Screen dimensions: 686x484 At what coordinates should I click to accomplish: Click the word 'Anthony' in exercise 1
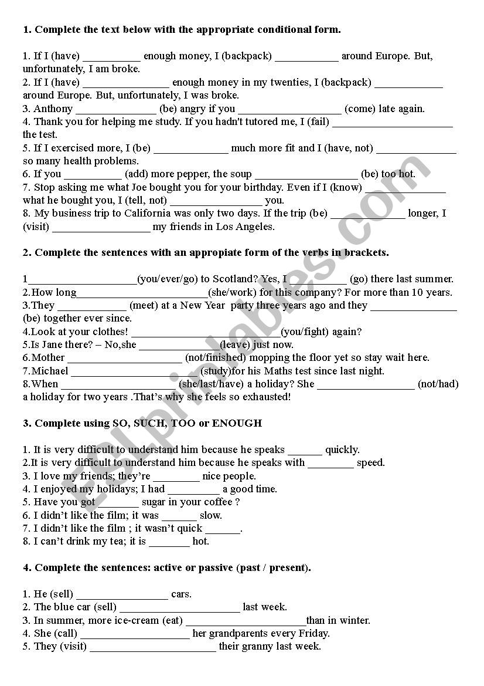53,109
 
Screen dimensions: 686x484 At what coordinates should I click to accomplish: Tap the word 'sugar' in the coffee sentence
154,502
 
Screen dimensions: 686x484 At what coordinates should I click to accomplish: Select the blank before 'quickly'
305,451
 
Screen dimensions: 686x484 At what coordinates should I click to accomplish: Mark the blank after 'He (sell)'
122,595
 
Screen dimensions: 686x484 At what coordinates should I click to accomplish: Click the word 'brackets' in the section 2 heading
366,253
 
